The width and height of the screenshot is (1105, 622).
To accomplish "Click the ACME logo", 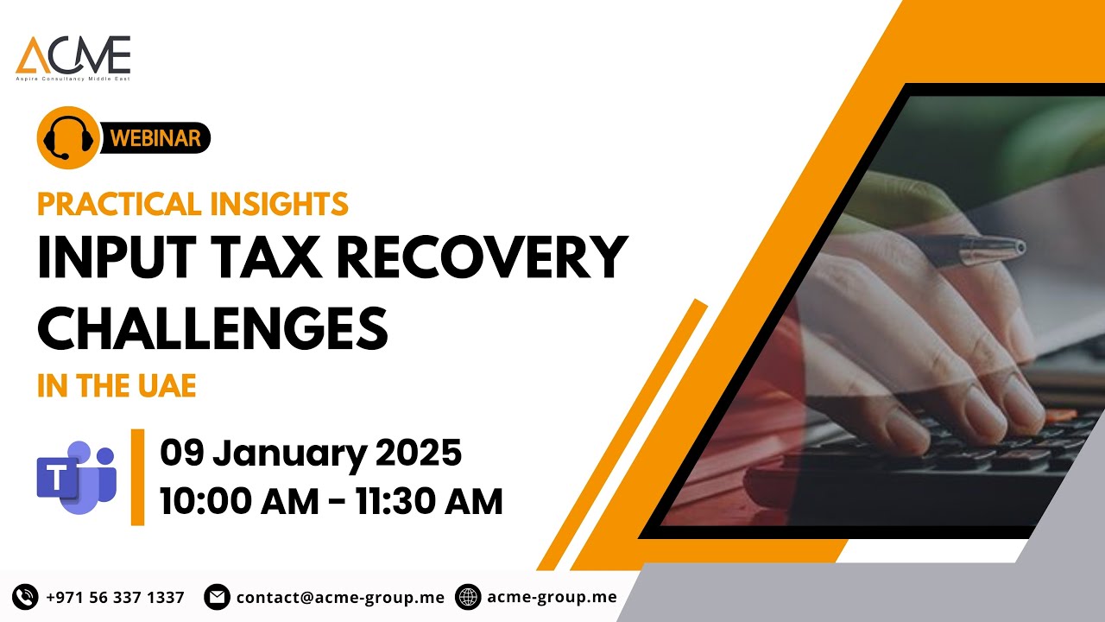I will pos(73,57).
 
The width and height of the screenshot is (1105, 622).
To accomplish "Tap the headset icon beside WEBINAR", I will pos(68,138).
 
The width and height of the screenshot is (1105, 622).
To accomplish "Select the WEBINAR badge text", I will pos(156,137).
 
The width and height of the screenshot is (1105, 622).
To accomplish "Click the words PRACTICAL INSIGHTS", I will pos(193,204).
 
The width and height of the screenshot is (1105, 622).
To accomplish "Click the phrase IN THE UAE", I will pos(117,386).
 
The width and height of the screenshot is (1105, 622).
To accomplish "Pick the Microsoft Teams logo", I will pos(76,477).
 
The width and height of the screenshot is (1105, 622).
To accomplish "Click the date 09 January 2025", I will pos(311,453).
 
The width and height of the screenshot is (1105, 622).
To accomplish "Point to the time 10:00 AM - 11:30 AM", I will pos(331,501).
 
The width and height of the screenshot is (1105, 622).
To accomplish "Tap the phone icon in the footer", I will pos(25,597).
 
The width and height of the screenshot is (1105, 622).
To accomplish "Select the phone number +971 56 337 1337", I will pos(115,597).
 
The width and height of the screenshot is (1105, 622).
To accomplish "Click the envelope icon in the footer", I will pos(217,597).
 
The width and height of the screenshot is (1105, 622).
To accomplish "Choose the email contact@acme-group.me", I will pos(340,597).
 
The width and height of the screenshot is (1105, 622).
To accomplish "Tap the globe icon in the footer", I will pos(468,597).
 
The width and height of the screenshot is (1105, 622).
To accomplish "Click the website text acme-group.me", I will pos(552,597).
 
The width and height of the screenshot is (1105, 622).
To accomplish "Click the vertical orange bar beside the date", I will pos(137,477).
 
